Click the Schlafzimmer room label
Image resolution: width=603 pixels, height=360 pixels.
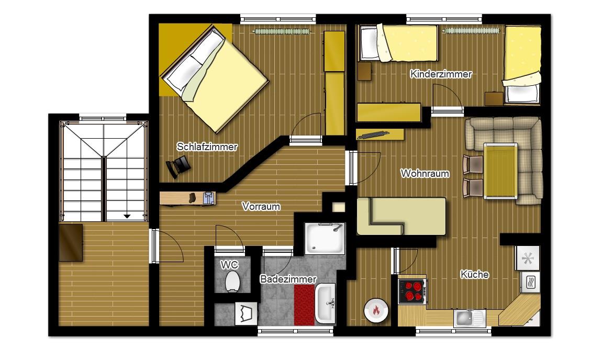coord(207,147)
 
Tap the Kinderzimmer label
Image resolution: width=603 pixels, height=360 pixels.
coord(441,74)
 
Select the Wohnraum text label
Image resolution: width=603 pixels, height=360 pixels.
coord(425,174)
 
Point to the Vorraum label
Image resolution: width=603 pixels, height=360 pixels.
coord(261,207)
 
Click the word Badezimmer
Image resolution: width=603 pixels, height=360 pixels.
coord(288,279)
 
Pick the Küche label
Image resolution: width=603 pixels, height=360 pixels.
coord(475,274)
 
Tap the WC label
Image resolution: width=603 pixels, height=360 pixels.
coord(229,265)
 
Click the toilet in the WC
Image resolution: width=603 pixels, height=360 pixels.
coord(232,282)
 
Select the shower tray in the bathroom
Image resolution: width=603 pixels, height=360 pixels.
coord(325,238)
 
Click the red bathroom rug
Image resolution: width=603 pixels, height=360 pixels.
coord(304,305)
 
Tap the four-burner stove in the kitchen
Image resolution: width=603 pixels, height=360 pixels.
coord(412,291)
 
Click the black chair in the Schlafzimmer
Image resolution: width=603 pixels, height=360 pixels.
coord(178,166)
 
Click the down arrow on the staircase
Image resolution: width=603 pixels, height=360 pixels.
coord(127,217)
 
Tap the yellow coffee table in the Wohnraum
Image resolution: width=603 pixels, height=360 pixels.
coord(500,171)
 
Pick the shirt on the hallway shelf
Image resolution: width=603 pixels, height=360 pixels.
coord(208,198)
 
